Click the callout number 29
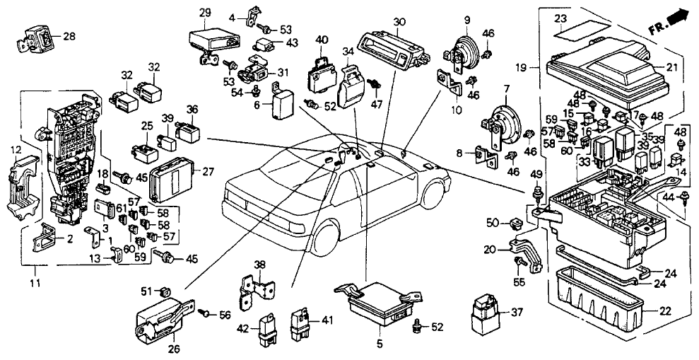tap(205, 13)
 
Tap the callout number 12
tap(15, 149)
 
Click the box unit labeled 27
tap(172, 175)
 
